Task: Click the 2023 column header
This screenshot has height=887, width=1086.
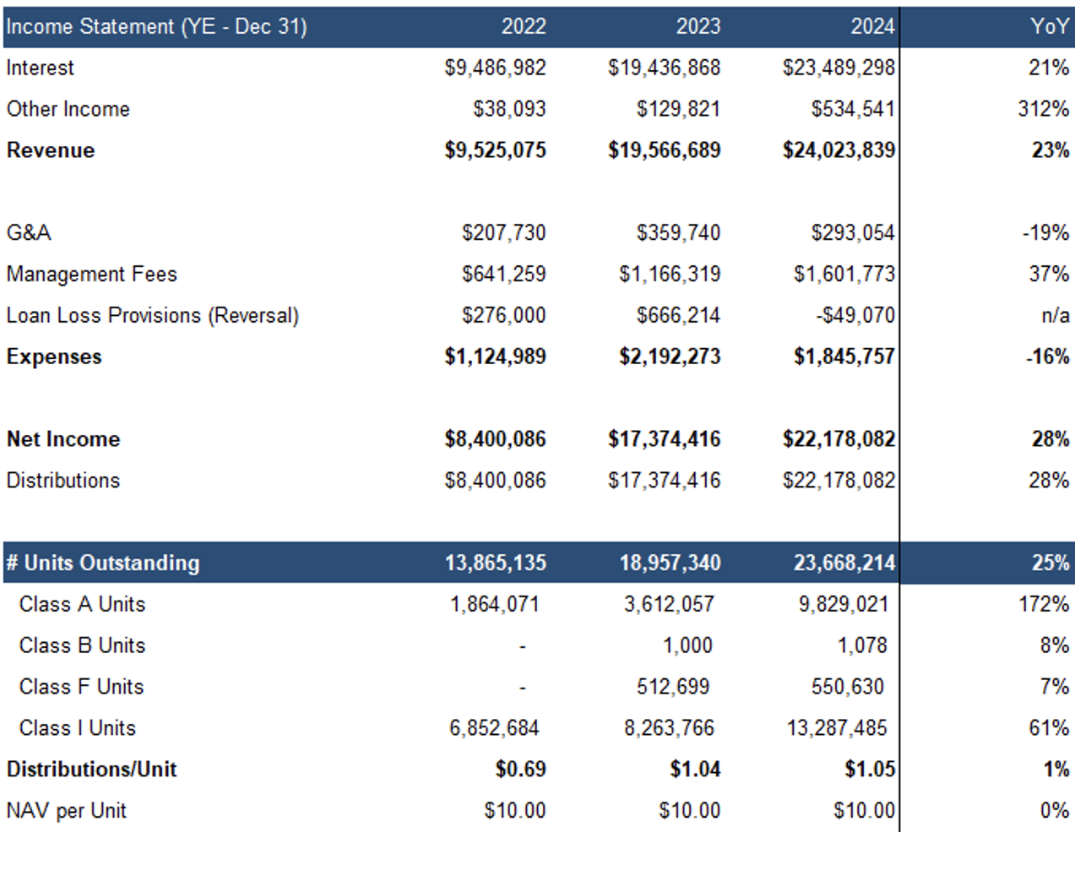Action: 698,26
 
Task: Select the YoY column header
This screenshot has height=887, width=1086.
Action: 1050,26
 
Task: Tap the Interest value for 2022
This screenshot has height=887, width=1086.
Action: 495,68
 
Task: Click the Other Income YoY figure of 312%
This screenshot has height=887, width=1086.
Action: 1043,109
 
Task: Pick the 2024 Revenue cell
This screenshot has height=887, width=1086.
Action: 839,150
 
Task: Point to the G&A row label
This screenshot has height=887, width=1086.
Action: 29,233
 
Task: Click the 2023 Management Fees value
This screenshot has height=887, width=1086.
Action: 670,274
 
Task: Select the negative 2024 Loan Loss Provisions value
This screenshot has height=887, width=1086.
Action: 855,315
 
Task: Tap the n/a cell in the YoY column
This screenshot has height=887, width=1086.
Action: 1055,315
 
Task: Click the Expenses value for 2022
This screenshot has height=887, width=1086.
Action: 495,356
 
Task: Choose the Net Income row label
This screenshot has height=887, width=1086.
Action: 63,439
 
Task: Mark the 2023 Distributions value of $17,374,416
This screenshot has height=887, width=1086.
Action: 664,481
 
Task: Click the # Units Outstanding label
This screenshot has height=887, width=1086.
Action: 103,563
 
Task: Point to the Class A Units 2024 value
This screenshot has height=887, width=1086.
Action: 844,604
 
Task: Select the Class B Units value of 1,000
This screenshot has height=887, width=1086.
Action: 687,645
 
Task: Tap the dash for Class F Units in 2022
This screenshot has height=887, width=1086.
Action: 523,688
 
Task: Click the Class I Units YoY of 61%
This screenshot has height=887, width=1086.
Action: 1049,728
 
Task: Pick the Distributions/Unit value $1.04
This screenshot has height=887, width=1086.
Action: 695,769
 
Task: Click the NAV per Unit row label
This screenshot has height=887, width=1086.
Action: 66,811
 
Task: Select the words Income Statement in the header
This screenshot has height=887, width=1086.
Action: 90,26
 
